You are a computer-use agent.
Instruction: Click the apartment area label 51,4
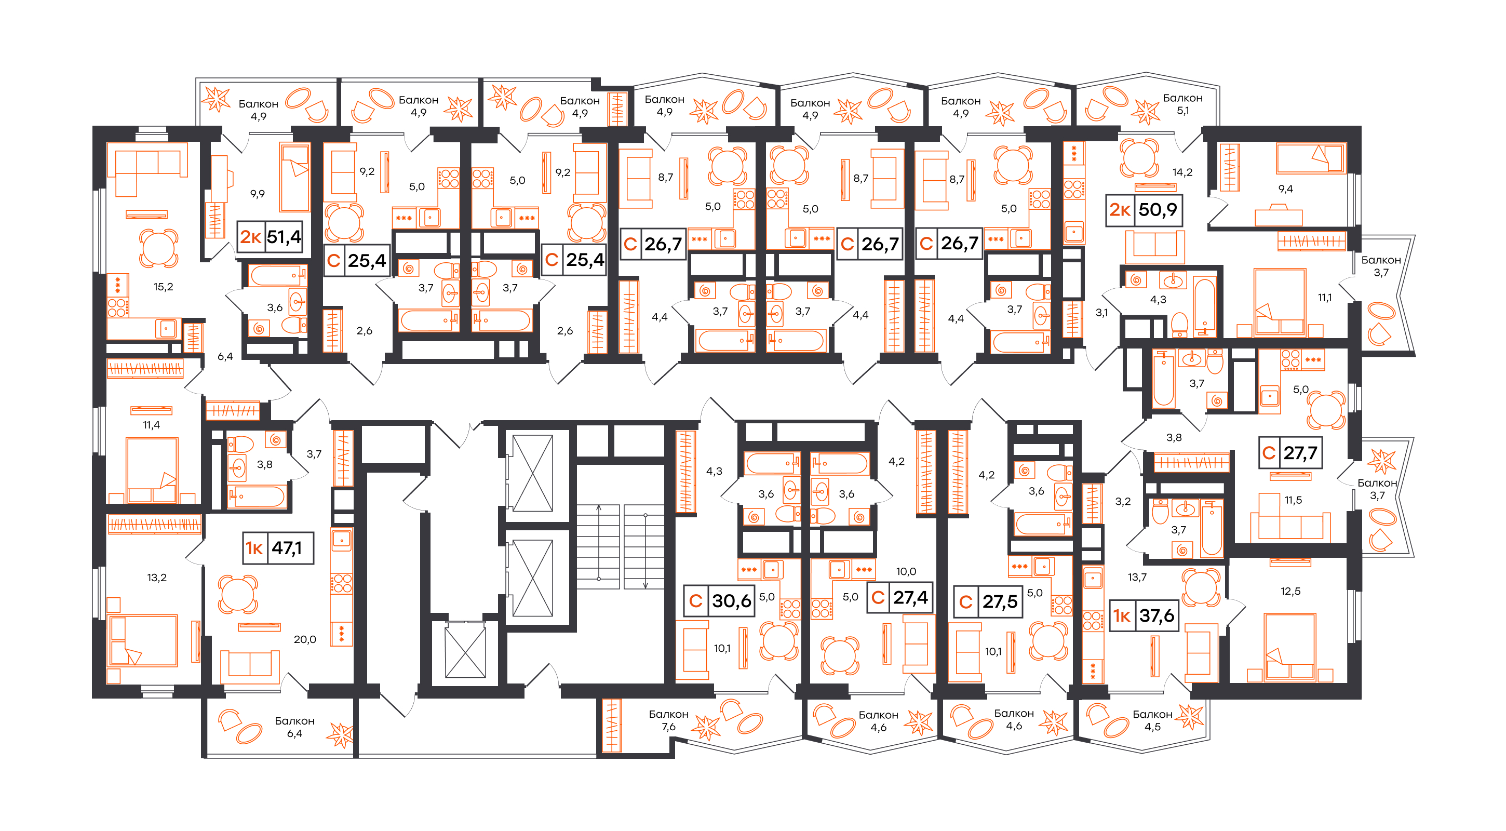click(x=284, y=237)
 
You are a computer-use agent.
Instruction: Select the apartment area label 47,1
click(x=287, y=548)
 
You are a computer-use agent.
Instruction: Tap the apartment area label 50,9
click(x=1158, y=209)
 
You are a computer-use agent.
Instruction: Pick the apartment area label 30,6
click(x=731, y=600)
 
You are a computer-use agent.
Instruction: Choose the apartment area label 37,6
click(x=1157, y=615)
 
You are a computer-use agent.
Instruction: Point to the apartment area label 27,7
click(x=1300, y=452)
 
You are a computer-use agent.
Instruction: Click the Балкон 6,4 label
click(x=294, y=727)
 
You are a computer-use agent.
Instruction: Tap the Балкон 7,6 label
click(x=668, y=720)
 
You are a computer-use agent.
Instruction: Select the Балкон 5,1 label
click(x=1182, y=104)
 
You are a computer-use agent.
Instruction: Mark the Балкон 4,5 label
click(x=1152, y=720)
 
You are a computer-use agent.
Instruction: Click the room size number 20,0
click(x=305, y=639)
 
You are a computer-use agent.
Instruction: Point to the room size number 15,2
click(x=163, y=287)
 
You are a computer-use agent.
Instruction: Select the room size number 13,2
click(x=157, y=577)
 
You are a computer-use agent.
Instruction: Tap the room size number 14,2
click(x=1182, y=172)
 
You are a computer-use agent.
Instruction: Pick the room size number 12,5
click(x=1290, y=591)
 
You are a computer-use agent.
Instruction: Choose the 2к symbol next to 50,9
click(x=1120, y=209)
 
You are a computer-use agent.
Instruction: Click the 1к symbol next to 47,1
click(x=254, y=548)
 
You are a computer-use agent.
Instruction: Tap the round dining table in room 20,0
click(x=237, y=594)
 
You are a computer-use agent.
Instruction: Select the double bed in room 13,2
click(x=144, y=640)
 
